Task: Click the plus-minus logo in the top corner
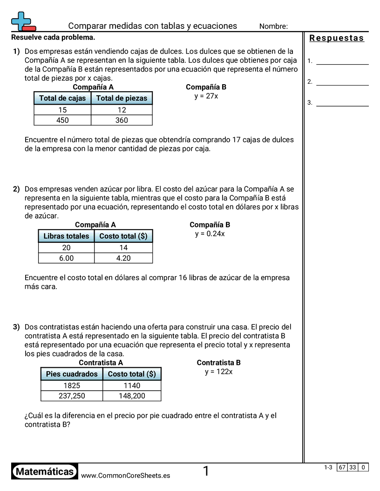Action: pos(23,21)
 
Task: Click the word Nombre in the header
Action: pos(273,27)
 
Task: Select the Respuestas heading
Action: pos(337,38)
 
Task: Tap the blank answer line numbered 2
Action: pos(342,82)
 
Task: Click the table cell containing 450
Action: pos(62,120)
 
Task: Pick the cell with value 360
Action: pos(122,120)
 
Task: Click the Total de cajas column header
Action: pos(62,98)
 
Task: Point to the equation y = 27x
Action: pos(206,96)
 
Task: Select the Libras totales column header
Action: pos(66,236)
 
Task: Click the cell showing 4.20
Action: pos(123,258)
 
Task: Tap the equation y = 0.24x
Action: pos(210,234)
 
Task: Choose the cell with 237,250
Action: pos(72,396)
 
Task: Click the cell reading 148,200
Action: pos(132,396)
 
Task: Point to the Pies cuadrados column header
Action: pos(72,374)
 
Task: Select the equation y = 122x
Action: pos(219,372)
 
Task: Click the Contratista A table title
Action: pos(101,363)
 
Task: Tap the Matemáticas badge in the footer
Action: pos(45,472)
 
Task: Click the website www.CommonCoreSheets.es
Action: pos(125,476)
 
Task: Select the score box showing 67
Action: pos(342,467)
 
